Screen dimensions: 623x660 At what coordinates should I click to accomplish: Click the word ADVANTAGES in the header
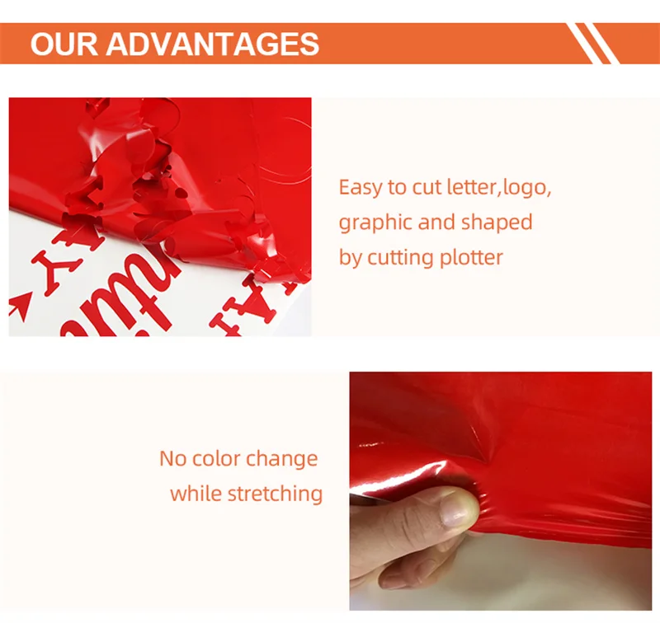pyautogui.click(x=212, y=44)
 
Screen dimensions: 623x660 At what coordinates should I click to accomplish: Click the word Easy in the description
pyautogui.click(x=361, y=188)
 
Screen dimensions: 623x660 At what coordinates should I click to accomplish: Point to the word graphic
pyautogui.click(x=375, y=223)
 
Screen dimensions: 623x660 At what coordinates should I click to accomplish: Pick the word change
pyautogui.click(x=282, y=459)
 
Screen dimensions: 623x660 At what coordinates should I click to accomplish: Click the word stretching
pyautogui.click(x=274, y=494)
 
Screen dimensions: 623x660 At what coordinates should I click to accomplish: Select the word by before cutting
pyautogui.click(x=350, y=258)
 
